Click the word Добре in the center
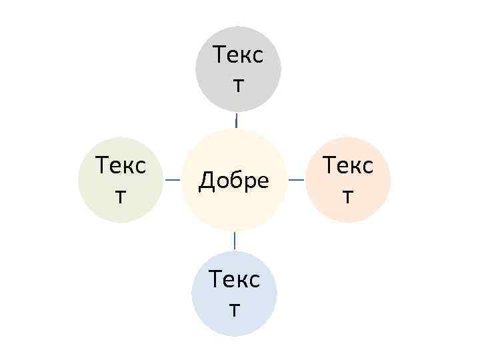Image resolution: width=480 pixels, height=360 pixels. (234, 180)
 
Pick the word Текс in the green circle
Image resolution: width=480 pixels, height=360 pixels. (121, 165)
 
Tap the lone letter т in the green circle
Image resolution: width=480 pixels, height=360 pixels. (120, 195)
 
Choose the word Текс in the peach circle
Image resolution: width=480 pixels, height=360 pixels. (348, 165)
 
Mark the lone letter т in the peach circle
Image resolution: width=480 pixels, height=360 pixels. (348, 195)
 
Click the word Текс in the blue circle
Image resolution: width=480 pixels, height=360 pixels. (234, 279)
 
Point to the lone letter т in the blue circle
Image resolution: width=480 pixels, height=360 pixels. (234, 309)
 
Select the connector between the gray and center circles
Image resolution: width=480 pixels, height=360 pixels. (237, 121)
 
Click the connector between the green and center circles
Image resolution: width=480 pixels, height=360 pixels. (173, 180)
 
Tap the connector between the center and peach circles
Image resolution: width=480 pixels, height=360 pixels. (296, 179)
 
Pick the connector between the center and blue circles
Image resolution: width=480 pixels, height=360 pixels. (234, 240)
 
